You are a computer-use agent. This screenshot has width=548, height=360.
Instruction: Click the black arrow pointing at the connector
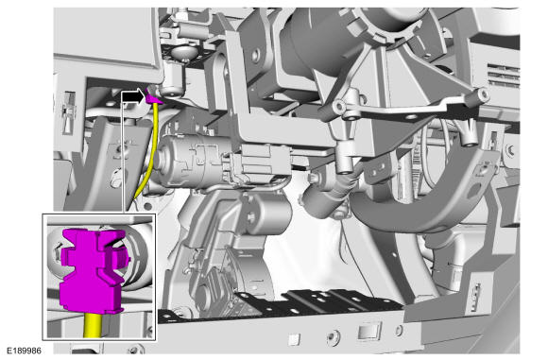134,96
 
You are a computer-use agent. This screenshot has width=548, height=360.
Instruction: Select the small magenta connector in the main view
153,96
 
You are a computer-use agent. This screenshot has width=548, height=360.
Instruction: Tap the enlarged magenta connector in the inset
92,270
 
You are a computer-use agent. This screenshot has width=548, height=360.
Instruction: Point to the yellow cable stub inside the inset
94,325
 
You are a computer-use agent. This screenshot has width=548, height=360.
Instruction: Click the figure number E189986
25,351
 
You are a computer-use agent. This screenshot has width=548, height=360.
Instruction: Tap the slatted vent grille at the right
503,75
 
